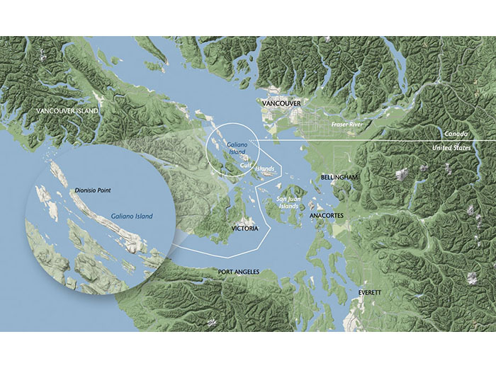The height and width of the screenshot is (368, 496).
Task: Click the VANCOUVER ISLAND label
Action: [69, 111]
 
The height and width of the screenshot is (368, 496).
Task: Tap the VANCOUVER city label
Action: [281, 104]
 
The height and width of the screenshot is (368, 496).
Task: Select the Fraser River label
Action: [347, 125]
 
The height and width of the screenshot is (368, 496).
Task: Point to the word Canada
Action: [456, 134]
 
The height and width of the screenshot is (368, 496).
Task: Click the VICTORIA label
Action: [244, 229]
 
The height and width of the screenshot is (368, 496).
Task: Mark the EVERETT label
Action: [369, 292]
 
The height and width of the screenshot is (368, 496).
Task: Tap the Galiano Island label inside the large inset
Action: [132, 215]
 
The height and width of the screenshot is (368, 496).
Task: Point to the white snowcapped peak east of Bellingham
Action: [402, 174]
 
